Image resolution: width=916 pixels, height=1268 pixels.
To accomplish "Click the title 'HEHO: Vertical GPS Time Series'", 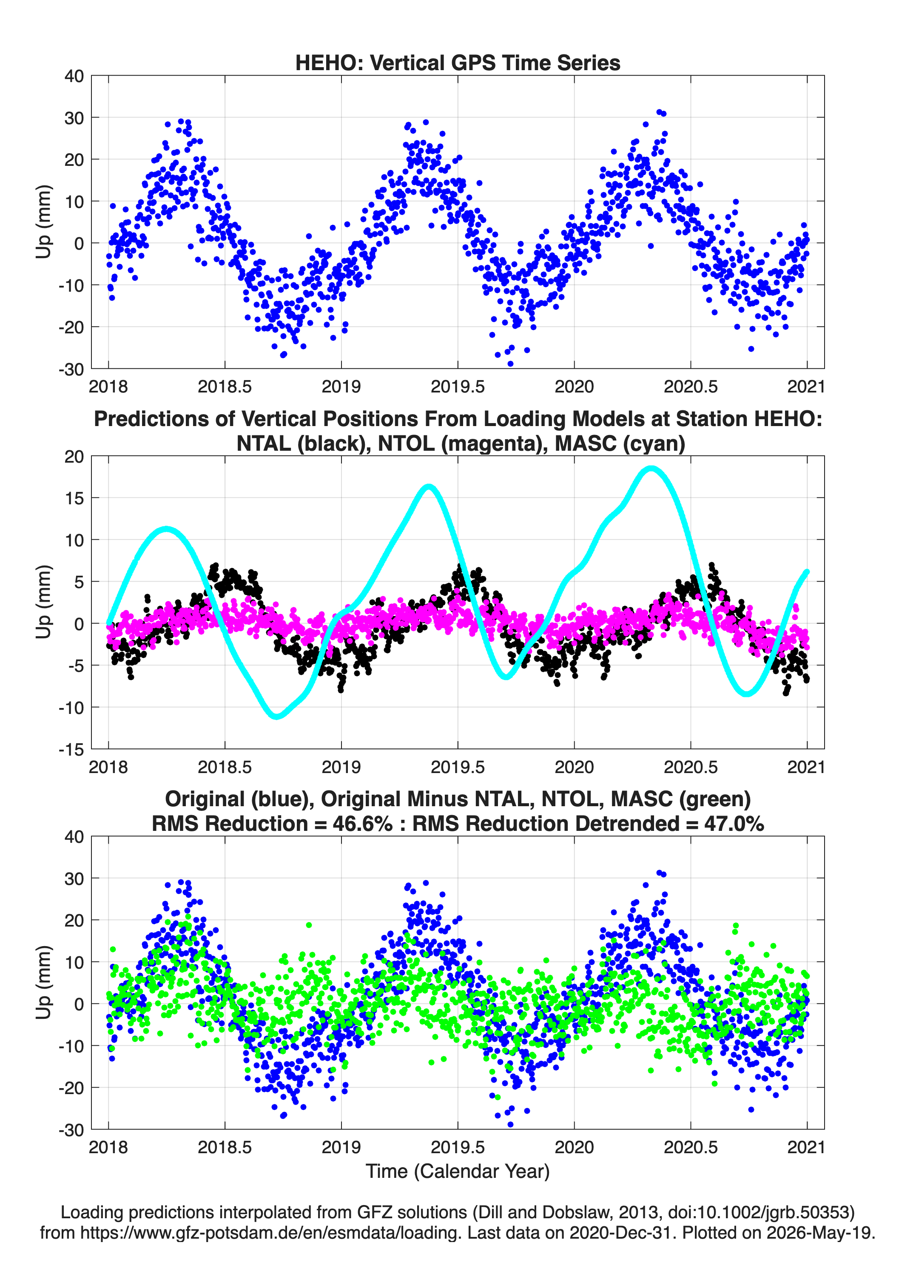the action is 458,63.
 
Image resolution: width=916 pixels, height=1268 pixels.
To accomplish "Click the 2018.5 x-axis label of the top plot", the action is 225,387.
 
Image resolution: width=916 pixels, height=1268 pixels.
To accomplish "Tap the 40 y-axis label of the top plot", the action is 74,76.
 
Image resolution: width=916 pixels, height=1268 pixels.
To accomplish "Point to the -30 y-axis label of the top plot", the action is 71,369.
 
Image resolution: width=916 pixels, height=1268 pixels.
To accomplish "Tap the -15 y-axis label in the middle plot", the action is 71,750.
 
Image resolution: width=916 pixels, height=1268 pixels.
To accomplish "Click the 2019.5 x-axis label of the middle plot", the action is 458,767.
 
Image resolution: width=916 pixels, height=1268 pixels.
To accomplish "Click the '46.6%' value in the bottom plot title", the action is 362,824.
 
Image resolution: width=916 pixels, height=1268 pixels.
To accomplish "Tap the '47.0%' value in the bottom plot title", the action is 734,824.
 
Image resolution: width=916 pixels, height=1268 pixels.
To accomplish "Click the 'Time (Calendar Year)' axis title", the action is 458,1171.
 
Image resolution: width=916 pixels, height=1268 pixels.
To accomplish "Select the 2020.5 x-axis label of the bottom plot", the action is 691,1147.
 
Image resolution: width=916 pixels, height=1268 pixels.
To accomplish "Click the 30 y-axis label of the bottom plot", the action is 74,879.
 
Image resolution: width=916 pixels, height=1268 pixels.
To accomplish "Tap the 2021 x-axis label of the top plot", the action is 806,387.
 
